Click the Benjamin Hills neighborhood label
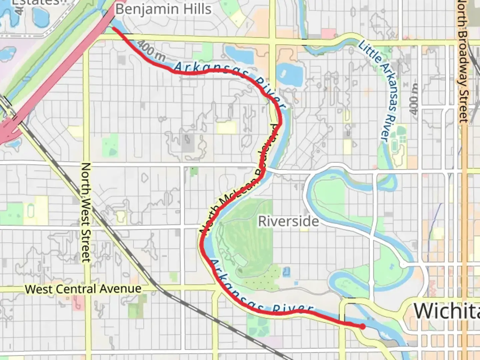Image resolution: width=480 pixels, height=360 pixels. pyautogui.click(x=163, y=9)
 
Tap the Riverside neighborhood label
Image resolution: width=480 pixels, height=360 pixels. pyautogui.click(x=288, y=221)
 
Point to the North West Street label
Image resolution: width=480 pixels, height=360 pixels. pyautogui.click(x=86, y=212)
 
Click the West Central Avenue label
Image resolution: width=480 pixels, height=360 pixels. pyautogui.click(x=83, y=289)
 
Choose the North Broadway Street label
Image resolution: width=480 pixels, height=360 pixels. pyautogui.click(x=463, y=62)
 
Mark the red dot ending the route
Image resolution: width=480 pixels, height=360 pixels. pyautogui.click(x=362, y=327)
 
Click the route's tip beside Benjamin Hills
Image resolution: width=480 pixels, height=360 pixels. pyautogui.click(x=114, y=29)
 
